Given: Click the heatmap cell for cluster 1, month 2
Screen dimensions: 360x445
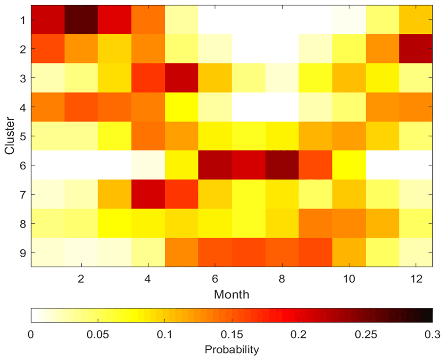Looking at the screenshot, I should coord(81,20).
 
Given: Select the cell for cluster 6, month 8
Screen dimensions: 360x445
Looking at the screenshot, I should coord(282,165).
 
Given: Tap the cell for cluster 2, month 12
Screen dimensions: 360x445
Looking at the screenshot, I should coord(415,49).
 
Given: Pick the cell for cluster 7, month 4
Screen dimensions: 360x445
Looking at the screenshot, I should coord(148,194).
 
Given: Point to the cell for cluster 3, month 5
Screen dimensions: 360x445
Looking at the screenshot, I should coord(181,78).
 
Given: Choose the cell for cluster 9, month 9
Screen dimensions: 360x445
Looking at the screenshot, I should coord(315,253).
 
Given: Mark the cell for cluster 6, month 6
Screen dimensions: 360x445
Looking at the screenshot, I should coord(215,165).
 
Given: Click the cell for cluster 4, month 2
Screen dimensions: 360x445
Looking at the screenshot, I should coord(81,107).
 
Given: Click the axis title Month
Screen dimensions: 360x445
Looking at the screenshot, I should coord(231,294).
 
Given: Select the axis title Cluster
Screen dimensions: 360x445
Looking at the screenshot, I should coord(8,136).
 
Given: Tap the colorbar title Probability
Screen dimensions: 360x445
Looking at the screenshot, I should coord(231,350).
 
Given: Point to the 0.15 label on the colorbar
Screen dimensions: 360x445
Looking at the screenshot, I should coord(231,334).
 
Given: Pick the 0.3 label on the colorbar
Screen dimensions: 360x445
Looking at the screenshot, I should coord(432,334).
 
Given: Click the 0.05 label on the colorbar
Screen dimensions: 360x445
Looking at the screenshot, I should coord(98,334).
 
